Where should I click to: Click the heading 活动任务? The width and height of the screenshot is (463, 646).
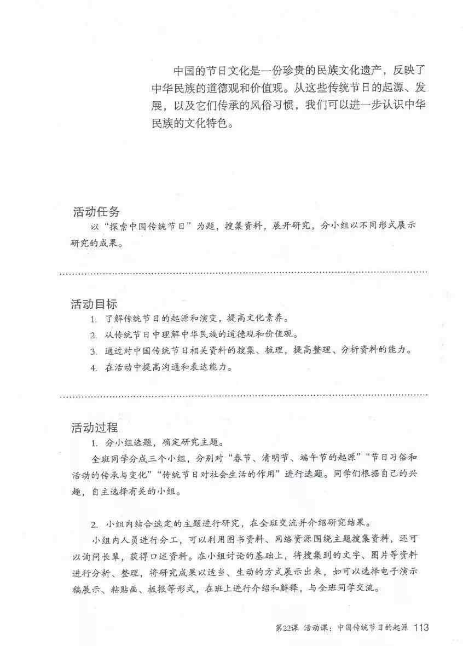[96, 212]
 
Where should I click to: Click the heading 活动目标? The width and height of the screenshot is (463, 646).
[94, 303]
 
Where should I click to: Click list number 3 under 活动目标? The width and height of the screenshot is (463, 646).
[94, 351]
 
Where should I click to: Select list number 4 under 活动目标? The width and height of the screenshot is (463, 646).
[94, 367]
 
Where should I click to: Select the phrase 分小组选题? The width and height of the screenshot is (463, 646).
[126, 442]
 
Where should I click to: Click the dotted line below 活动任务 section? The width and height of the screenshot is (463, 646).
[243, 272]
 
